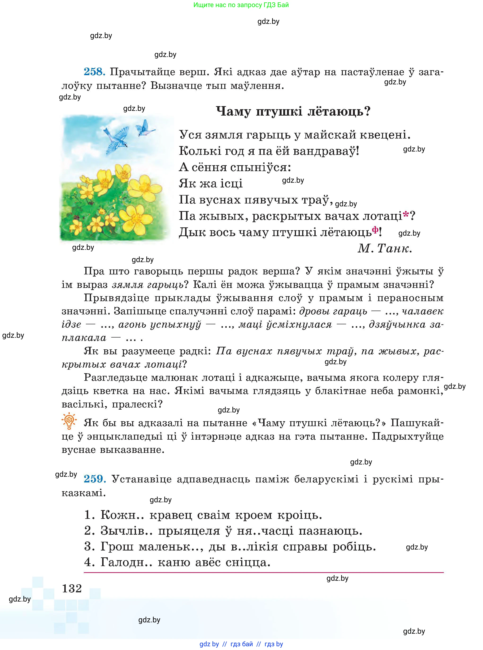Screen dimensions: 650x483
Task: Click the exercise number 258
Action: tap(94, 72)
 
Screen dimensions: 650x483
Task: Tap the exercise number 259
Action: tap(94, 479)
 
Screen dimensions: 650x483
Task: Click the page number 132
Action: tap(72, 588)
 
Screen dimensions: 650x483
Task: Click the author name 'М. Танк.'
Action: tap(384, 248)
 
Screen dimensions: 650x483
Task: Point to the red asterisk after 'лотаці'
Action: tap(405, 215)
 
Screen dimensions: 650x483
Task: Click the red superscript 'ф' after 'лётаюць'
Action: tap(375, 230)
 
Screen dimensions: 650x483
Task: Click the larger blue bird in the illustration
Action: tap(116, 139)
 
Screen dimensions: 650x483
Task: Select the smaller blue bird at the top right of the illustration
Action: tap(145, 129)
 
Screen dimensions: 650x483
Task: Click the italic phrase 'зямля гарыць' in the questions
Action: tap(148, 285)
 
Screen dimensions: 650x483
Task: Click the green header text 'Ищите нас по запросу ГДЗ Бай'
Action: tap(241, 5)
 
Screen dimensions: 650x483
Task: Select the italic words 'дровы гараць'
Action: tap(333, 311)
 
